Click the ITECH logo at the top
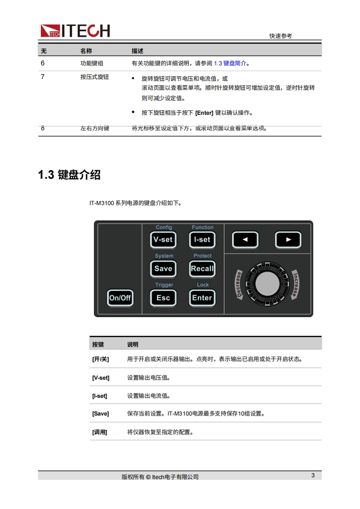coord(75,31)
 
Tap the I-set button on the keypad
coord(202,240)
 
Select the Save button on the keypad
coord(163,269)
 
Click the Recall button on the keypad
coord(202,269)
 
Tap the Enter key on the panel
coord(202,298)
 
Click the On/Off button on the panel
coord(120,298)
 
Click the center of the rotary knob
coord(267,284)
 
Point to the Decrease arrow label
coord(239,284)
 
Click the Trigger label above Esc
coord(164,285)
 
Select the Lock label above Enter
coord(203,285)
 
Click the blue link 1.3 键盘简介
coord(230,64)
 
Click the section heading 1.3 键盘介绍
coord(69,175)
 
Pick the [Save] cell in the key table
coord(100,414)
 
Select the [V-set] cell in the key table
coord(101,378)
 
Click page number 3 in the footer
coord(313,475)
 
